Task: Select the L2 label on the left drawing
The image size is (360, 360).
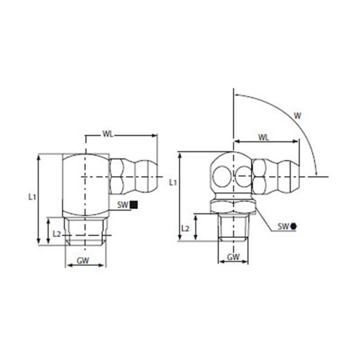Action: coord(56,233)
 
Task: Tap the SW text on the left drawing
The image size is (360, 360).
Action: coord(123,205)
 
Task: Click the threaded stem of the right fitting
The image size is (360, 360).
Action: coord(234,227)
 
